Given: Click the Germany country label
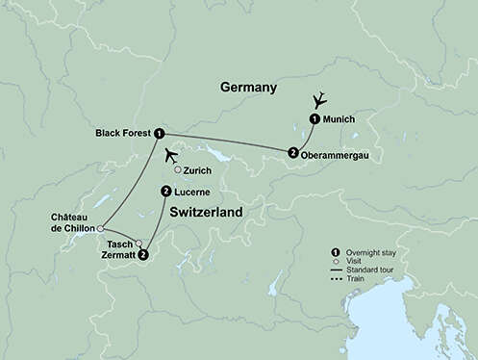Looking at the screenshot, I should tap(248, 88).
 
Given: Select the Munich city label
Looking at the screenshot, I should tap(340, 119).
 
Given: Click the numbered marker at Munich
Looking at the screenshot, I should tap(314, 119).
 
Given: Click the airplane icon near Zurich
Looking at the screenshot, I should tap(172, 155).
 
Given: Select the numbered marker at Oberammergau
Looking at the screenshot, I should tap(292, 152).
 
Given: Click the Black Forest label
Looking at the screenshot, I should tap(123, 133).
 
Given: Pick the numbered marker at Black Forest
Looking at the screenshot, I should tap(159, 134).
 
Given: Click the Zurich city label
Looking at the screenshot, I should tap(197, 171).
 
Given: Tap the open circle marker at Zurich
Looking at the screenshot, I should tap(177, 171).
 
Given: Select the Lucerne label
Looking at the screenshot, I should tap(194, 192).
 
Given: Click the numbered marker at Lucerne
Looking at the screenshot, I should tap(166, 192).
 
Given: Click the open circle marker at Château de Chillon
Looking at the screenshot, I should tap(101, 228).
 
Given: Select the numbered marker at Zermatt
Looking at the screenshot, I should tap(143, 255).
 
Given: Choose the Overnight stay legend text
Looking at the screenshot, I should tap(369, 250).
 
